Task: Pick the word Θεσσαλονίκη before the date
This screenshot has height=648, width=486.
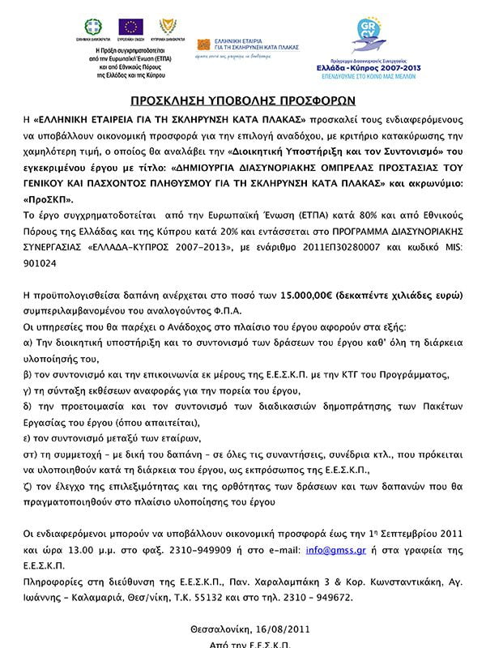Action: point(216,628)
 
